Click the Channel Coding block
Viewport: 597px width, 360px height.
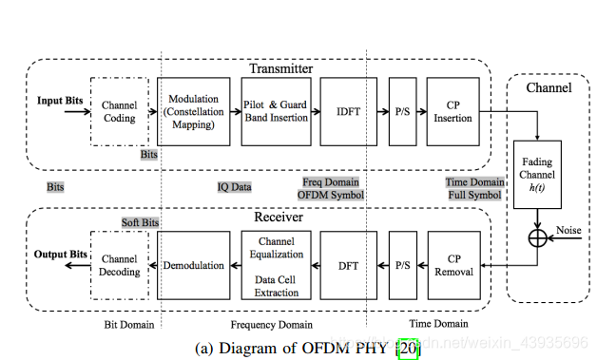(x=120, y=111)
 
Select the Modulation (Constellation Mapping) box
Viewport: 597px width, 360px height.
(x=193, y=111)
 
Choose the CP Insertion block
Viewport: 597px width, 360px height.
(x=452, y=111)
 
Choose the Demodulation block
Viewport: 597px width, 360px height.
(x=193, y=265)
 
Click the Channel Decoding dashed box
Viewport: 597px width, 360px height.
(x=120, y=265)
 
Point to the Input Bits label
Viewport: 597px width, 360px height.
(x=60, y=100)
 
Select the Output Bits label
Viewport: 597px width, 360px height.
(x=62, y=255)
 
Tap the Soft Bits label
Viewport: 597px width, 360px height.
(x=140, y=222)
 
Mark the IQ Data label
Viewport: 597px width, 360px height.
(x=234, y=187)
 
